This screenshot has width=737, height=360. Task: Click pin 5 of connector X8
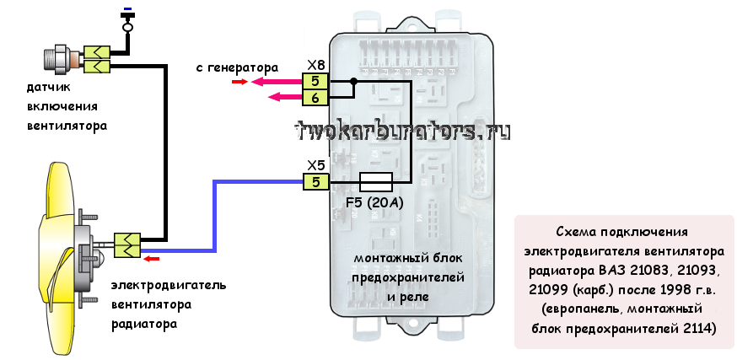click(315, 82)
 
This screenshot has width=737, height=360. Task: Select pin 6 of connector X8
click(315, 98)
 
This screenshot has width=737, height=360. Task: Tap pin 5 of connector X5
click(315, 181)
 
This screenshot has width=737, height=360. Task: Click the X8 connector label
click(315, 66)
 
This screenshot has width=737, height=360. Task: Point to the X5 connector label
click(315, 165)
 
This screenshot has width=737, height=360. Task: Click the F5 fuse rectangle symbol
click(376, 181)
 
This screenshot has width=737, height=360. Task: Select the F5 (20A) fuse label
click(376, 202)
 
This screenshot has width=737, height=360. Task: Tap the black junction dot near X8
click(353, 82)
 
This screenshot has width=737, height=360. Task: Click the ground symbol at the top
click(127, 17)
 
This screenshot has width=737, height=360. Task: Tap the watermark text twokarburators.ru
click(403, 131)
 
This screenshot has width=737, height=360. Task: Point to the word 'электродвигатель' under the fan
click(169, 285)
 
